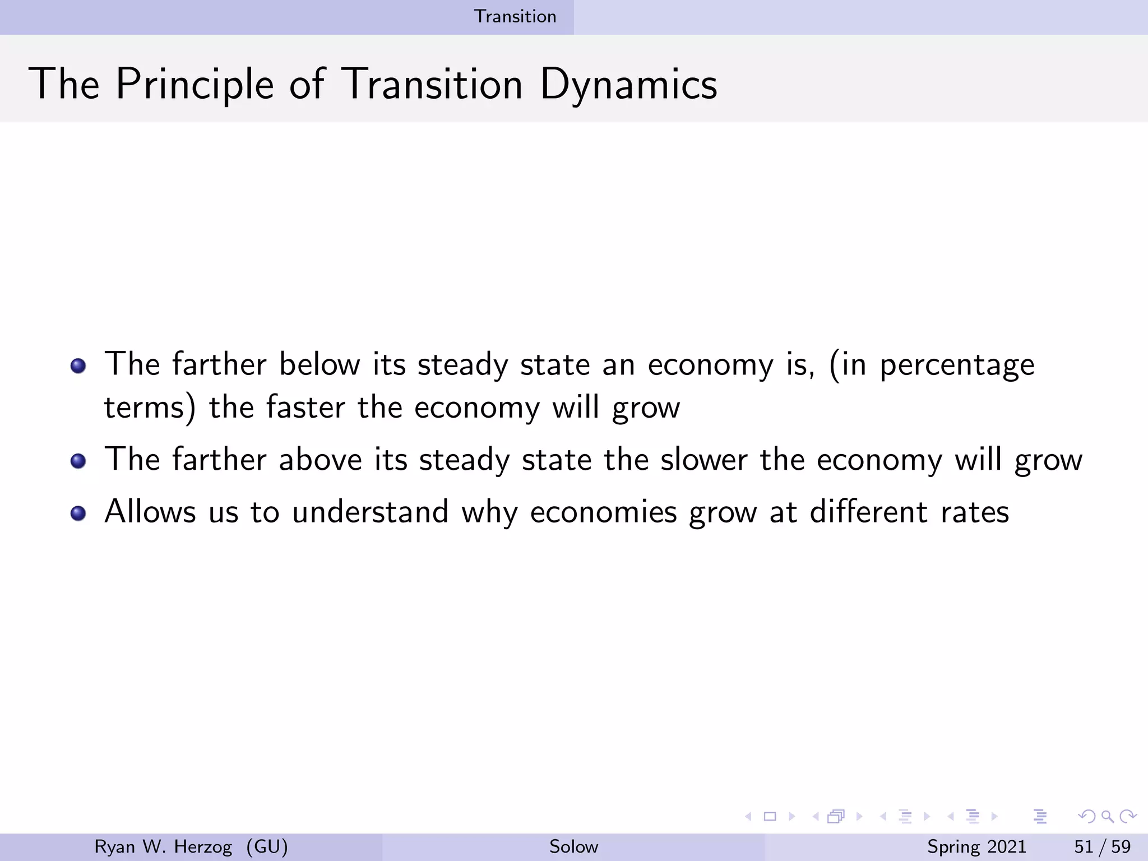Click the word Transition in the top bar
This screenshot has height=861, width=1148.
click(515, 16)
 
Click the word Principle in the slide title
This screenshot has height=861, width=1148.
click(195, 85)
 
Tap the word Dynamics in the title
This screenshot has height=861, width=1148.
click(628, 85)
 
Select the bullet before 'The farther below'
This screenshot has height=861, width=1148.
click(78, 367)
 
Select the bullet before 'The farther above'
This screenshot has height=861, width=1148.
click(78, 461)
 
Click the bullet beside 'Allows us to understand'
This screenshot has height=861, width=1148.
click(78, 513)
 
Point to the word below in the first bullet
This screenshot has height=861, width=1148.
click(319, 364)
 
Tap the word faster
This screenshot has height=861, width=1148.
click(305, 407)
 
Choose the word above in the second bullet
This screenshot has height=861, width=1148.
click(321, 460)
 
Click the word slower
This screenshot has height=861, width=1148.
click(703, 460)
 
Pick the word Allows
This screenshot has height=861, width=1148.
click(150, 512)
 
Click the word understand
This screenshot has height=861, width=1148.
click(371, 512)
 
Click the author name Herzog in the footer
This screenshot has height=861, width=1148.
click(203, 846)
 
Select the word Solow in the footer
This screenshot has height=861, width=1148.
click(573, 846)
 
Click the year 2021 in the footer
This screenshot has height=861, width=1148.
click(1006, 846)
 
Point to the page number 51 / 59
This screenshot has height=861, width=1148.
click(1102, 846)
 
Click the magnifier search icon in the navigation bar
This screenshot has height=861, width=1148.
click(1107, 817)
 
